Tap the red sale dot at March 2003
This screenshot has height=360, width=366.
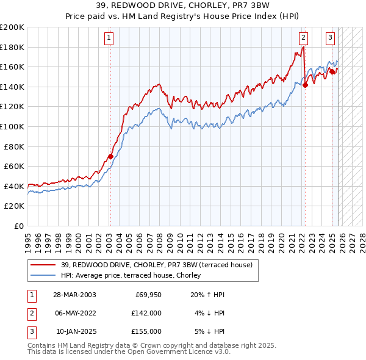pos(110,156)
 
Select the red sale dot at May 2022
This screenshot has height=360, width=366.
pos(305,85)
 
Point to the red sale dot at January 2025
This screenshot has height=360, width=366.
pos(332,72)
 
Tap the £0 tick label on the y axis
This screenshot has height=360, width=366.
pos(18,226)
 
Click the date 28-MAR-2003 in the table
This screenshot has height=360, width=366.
pos(74,294)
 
